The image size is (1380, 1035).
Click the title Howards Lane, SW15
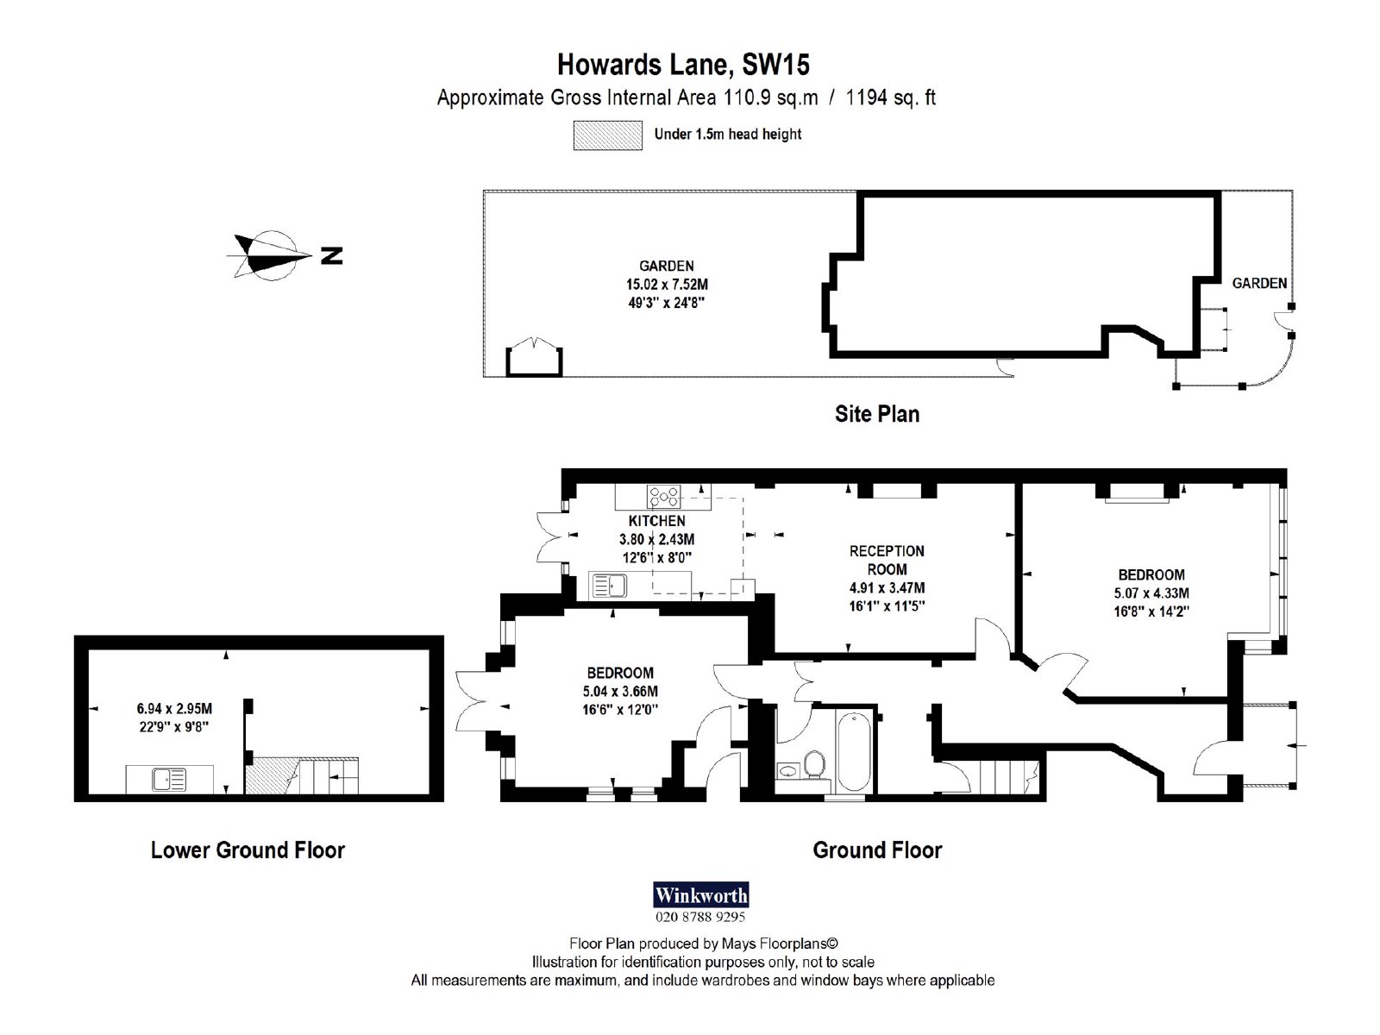click(683, 65)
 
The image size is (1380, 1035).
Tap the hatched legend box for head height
click(607, 135)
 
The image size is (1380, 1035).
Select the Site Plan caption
click(877, 414)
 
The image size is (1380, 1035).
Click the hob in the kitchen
click(663, 497)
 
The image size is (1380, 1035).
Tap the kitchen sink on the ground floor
click(608, 586)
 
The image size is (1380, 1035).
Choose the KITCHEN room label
click(657, 521)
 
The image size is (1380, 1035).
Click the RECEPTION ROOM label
click(888, 560)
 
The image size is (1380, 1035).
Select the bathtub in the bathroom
click(854, 750)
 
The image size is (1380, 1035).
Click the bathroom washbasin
click(786, 769)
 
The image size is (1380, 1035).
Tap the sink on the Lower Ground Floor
click(169, 780)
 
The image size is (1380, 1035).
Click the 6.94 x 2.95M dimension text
click(175, 709)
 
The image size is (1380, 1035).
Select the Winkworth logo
click(701, 894)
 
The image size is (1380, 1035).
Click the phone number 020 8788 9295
click(700, 917)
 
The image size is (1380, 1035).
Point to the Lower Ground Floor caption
click(248, 850)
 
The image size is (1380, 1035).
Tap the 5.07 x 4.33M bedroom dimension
click(1151, 593)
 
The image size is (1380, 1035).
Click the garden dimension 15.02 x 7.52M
click(667, 284)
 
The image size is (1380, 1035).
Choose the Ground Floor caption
click(877, 850)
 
